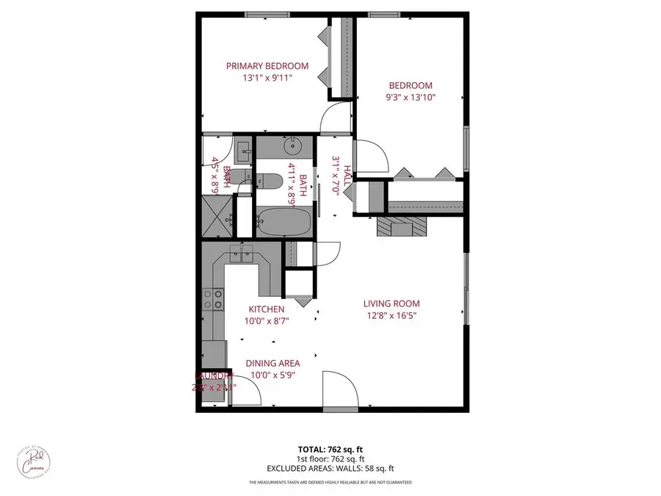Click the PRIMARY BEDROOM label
tap(267, 66)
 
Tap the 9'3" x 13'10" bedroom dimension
tap(411, 97)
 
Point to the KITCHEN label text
tap(266, 309)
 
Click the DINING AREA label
tap(272, 363)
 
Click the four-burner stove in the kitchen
tap(213, 298)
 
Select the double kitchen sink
tap(243, 254)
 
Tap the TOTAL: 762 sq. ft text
tap(330, 448)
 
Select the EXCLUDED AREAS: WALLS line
tap(330, 467)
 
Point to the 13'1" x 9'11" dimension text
tap(267, 78)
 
